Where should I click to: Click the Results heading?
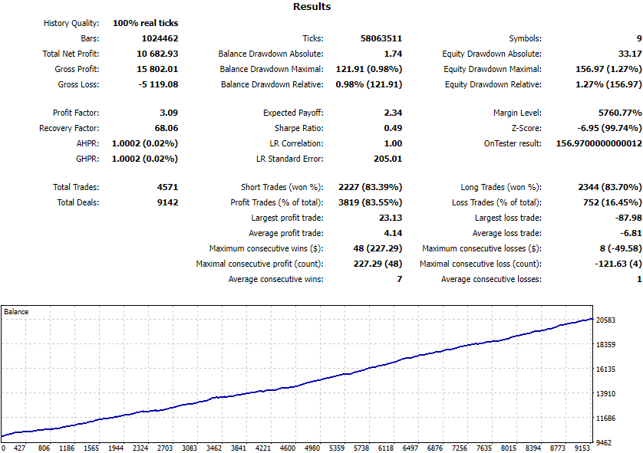(x=312, y=7)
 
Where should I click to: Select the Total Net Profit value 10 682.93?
(x=157, y=54)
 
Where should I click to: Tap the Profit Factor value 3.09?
(x=169, y=113)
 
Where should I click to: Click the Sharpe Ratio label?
(x=299, y=128)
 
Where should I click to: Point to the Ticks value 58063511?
(x=381, y=38)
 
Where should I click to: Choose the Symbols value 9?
(x=639, y=38)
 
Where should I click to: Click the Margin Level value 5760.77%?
(x=620, y=113)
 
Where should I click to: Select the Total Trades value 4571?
(x=168, y=187)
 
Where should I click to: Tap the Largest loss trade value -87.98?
(x=628, y=218)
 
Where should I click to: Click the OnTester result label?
(x=513, y=144)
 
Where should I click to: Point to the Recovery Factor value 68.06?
(x=167, y=128)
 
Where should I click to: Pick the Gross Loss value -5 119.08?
(x=158, y=84)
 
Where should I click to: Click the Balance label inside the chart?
(x=16, y=312)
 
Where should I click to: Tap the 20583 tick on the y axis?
(x=605, y=320)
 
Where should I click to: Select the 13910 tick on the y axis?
(x=605, y=394)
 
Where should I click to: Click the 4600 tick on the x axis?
(x=288, y=448)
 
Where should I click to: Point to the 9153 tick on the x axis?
(x=582, y=448)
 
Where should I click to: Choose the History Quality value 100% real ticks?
(x=146, y=23)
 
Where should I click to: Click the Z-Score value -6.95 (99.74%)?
(x=610, y=128)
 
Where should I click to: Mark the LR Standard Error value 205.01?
(x=388, y=159)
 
